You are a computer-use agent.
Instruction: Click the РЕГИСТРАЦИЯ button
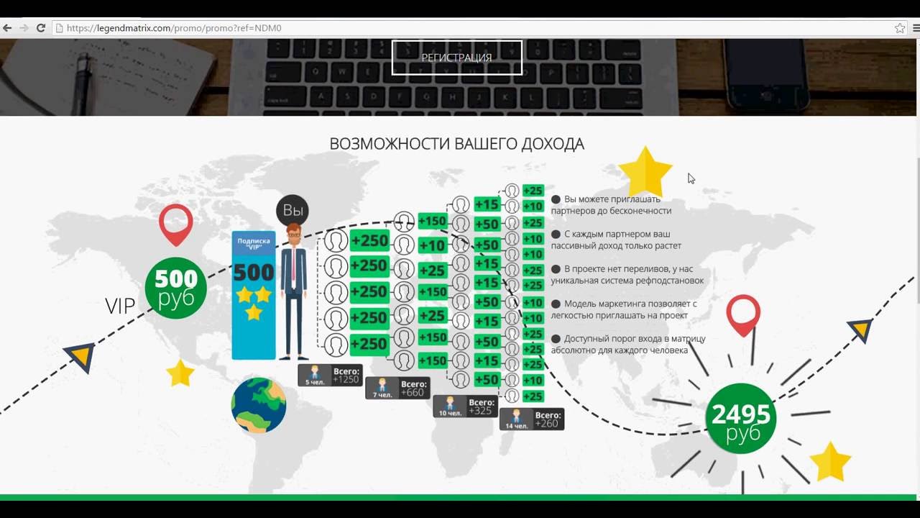pos(456,58)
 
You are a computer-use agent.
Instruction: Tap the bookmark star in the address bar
pos(899,28)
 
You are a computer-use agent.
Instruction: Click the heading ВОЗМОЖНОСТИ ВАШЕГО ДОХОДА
pos(456,144)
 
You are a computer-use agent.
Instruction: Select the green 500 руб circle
pos(175,288)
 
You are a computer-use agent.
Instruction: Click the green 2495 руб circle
pos(740,419)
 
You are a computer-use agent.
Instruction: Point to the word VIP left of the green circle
pos(120,306)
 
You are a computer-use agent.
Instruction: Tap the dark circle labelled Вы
pos(293,210)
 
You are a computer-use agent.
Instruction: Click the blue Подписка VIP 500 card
pos(253,295)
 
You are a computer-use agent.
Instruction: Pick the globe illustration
pos(259,405)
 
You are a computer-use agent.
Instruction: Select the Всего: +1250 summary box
pos(330,375)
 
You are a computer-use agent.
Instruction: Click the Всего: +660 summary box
pos(397,388)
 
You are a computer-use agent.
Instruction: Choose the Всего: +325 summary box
pos(465,406)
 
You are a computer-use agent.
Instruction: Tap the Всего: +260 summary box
pos(532,419)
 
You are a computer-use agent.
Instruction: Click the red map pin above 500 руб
pos(176,222)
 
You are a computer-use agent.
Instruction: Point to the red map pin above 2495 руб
pos(743,313)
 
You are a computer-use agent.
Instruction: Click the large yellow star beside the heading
pos(645,171)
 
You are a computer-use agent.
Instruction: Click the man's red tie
pos(293,263)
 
